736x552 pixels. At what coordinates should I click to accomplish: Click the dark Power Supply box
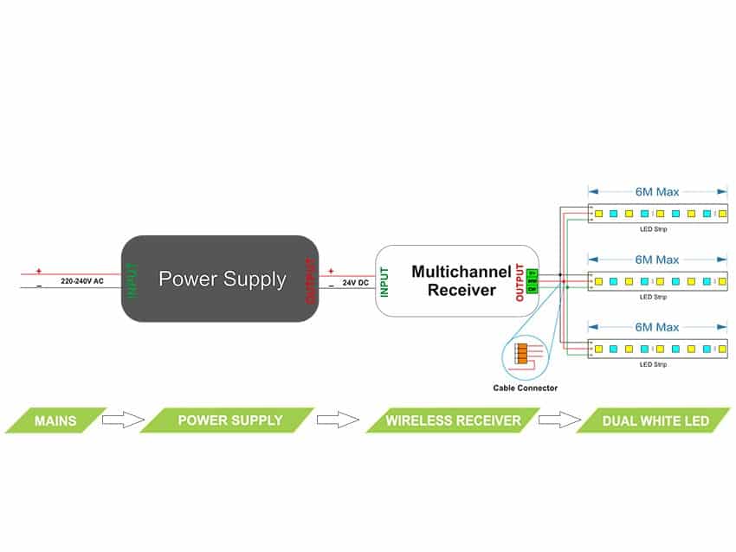click(220, 279)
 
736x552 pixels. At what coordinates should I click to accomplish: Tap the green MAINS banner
click(55, 421)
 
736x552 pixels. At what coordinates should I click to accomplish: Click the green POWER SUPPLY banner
click(229, 420)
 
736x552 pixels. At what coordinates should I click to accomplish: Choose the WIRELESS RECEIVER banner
click(454, 421)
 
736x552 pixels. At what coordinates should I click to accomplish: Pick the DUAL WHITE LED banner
click(655, 421)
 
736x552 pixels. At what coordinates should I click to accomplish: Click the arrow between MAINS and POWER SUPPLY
click(123, 420)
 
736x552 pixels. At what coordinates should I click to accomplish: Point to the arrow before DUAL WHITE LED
click(559, 420)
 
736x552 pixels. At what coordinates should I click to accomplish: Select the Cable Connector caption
click(526, 388)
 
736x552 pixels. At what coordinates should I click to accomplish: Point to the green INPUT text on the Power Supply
click(132, 279)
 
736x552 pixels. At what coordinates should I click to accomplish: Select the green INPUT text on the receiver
click(384, 281)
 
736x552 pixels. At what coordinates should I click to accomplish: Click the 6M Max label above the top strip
click(657, 191)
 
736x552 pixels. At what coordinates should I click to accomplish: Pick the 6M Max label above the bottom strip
click(657, 326)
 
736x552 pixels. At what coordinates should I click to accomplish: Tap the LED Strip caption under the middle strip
click(652, 297)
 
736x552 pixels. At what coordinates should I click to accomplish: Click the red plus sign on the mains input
click(39, 271)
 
